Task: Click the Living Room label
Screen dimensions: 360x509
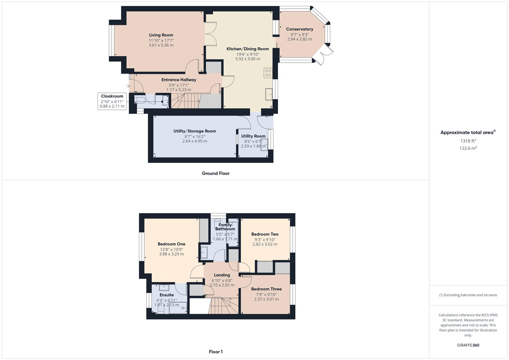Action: pyautogui.click(x=161, y=35)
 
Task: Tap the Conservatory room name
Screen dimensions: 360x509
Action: pyautogui.click(x=299, y=29)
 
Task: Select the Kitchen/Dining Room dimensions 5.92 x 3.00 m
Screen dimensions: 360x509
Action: pyautogui.click(x=248, y=59)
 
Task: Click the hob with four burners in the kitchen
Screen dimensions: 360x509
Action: pyautogui.click(x=268, y=73)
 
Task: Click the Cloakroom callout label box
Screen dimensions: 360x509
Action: pyautogui.click(x=112, y=101)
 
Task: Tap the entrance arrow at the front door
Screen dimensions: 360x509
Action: pyautogui.click(x=128, y=86)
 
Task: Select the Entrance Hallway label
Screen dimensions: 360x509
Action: pyautogui.click(x=179, y=80)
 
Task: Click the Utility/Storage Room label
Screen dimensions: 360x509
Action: pyautogui.click(x=195, y=131)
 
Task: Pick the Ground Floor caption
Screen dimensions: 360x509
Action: pyautogui.click(x=216, y=173)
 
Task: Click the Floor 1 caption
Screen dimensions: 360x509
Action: pyautogui.click(x=216, y=352)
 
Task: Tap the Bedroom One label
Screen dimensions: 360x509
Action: pyautogui.click(x=171, y=244)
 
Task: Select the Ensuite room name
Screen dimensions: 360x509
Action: pyautogui.click(x=166, y=295)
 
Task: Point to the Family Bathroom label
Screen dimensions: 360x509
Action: pyautogui.click(x=225, y=227)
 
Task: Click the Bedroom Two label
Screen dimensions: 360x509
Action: pyautogui.click(x=265, y=234)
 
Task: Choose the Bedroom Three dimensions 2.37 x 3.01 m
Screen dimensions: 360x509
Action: pyautogui.click(x=266, y=299)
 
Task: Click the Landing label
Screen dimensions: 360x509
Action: pyautogui.click(x=222, y=275)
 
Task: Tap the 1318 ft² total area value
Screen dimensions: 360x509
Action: pyautogui.click(x=468, y=141)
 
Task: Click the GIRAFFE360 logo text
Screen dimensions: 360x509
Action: pyautogui.click(x=468, y=345)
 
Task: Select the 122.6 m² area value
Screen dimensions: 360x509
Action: pyautogui.click(x=468, y=148)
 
